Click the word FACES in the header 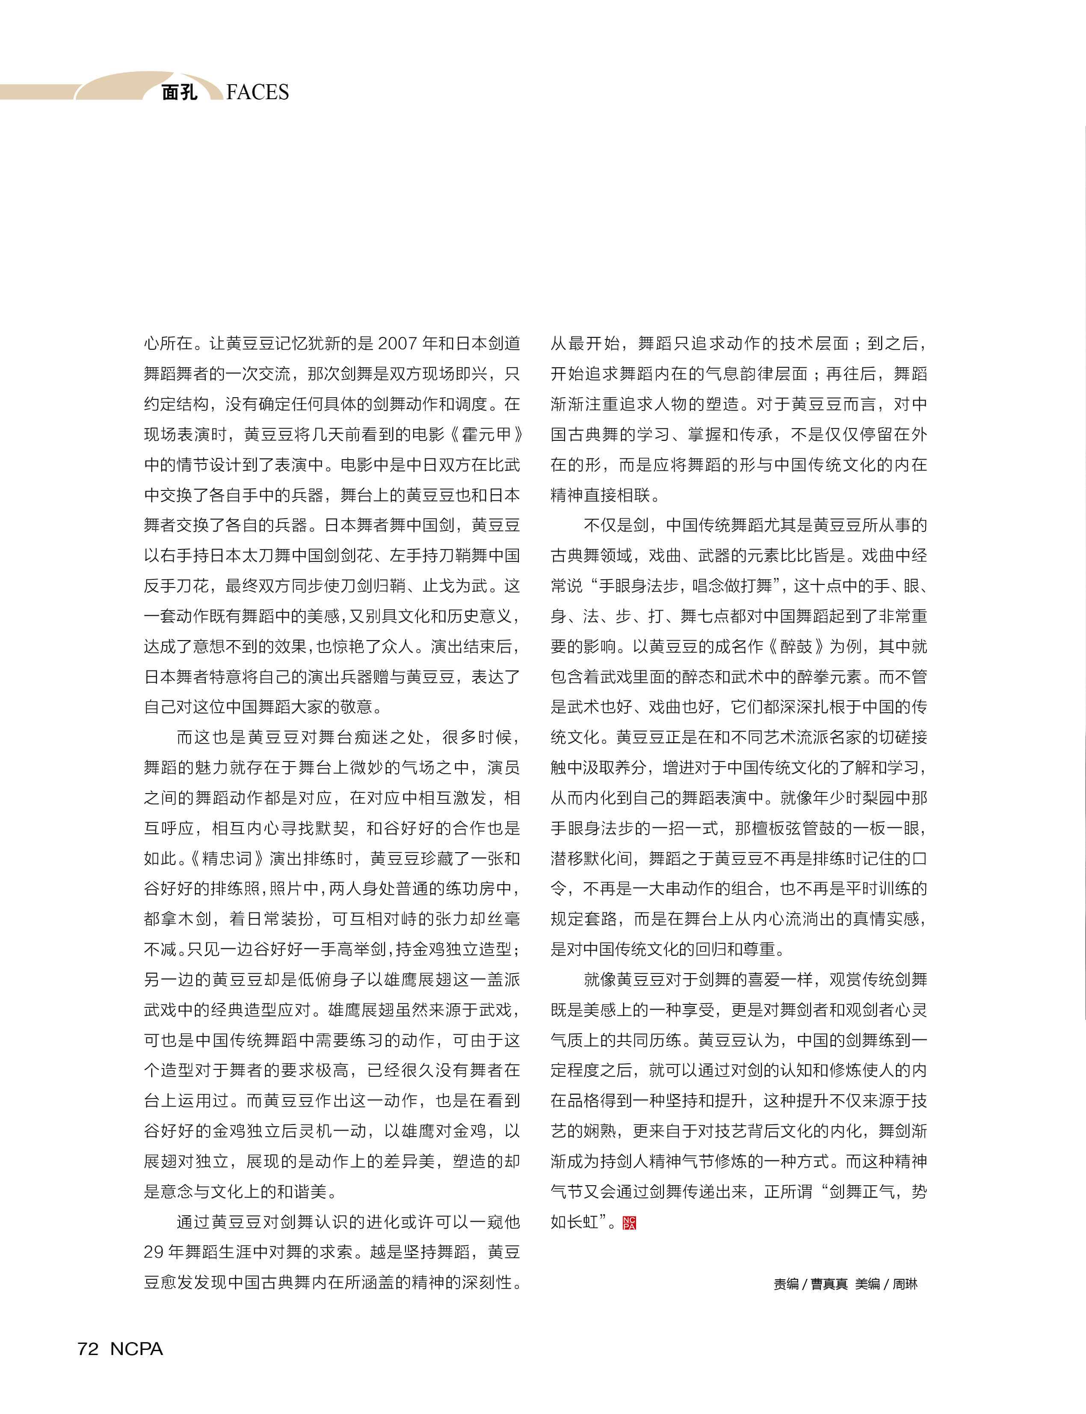point(257,92)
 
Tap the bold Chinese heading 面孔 point(179,92)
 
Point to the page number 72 point(88,1349)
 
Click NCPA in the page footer point(136,1349)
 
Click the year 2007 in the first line point(397,343)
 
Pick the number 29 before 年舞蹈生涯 point(154,1252)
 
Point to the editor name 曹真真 point(829,1284)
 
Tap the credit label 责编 point(786,1284)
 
